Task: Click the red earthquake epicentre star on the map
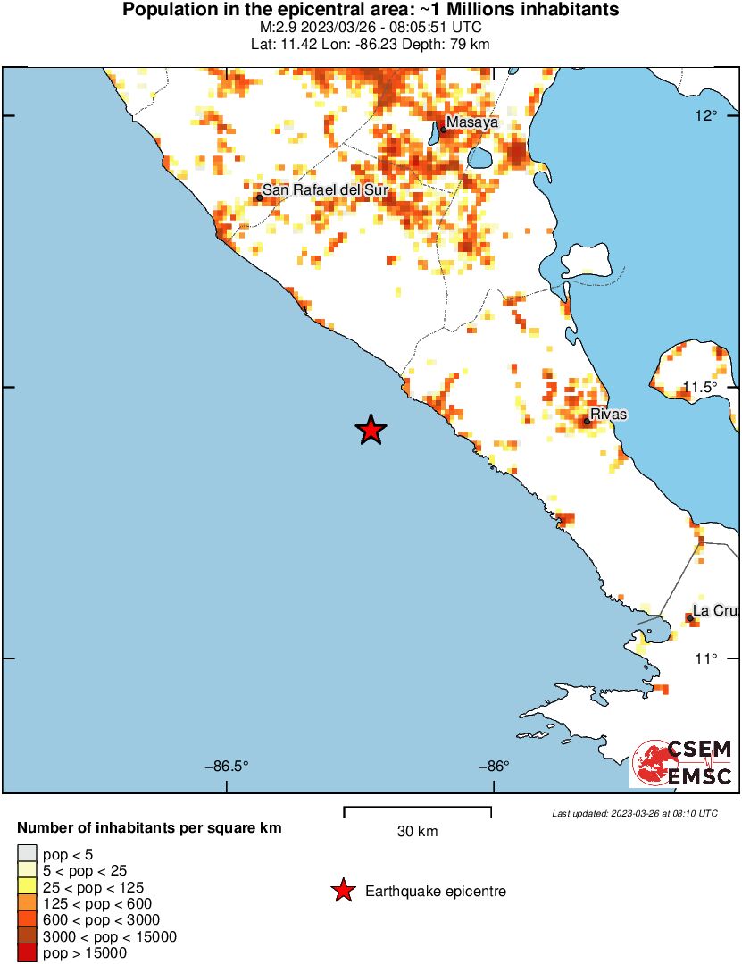[371, 431]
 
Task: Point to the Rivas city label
[609, 415]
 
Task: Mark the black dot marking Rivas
[587, 422]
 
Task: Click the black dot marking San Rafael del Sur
[259, 197]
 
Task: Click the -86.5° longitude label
[227, 766]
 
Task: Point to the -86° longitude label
[493, 766]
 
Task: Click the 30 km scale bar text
[417, 832]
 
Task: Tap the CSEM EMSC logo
[683, 763]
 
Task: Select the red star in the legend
[342, 891]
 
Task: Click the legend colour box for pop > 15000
[27, 954]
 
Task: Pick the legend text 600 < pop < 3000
[89, 920]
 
